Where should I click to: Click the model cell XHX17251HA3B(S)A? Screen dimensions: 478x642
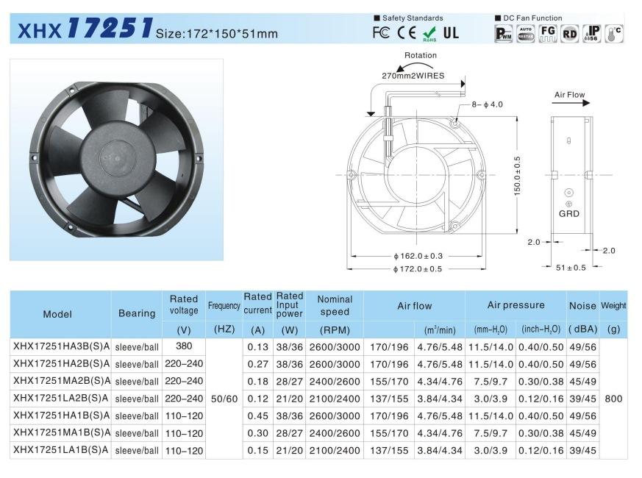pyautogui.click(x=61, y=346)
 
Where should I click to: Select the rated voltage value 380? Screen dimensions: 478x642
pyautogui.click(x=184, y=346)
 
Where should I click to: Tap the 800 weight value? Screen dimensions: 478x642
pyautogui.click(x=613, y=399)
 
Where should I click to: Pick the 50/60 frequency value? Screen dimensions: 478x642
pyautogui.click(x=224, y=399)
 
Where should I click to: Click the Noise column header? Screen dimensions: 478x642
pyautogui.click(x=582, y=305)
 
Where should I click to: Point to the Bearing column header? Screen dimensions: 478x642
pyautogui.click(x=137, y=313)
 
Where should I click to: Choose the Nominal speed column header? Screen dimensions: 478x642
pyautogui.click(x=335, y=305)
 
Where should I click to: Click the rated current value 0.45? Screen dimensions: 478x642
pyautogui.click(x=257, y=415)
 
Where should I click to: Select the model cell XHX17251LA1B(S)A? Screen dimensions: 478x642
pyautogui.click(x=61, y=451)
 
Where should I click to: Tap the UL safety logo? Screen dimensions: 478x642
pyautogui.click(x=451, y=32)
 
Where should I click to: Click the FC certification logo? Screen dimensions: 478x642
pyautogui.click(x=381, y=32)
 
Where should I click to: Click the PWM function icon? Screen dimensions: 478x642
pyautogui.click(x=504, y=32)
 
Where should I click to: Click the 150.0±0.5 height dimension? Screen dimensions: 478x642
pyautogui.click(x=516, y=175)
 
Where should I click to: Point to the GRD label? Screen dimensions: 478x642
pyautogui.click(x=568, y=214)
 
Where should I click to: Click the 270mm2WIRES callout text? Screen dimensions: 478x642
pyautogui.click(x=413, y=75)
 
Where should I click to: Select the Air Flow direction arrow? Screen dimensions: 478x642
pyautogui.click(x=571, y=104)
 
